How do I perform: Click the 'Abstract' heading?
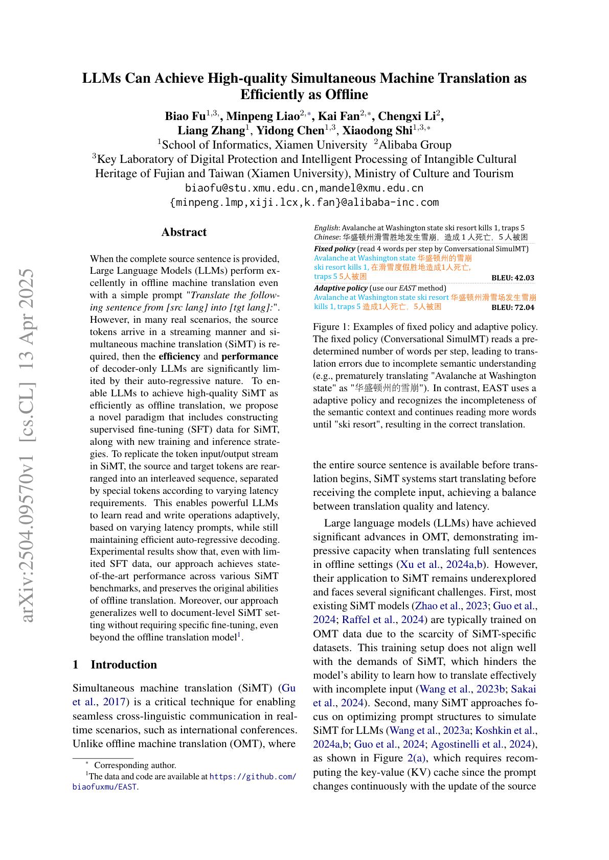coord(184,232)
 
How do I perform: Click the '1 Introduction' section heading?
coord(115,664)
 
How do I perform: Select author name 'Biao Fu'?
coord(185,116)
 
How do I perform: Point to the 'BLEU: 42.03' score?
coord(512,278)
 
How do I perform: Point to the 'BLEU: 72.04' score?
coord(512,307)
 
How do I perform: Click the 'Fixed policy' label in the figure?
coord(334,249)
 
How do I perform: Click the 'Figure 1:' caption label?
coord(331,327)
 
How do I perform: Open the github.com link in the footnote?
coord(253,777)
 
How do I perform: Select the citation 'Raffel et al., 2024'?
coord(383,620)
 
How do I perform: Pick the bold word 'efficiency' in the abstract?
coord(179,356)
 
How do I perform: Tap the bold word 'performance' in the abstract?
coord(250,356)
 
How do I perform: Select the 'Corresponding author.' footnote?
coord(135,765)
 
